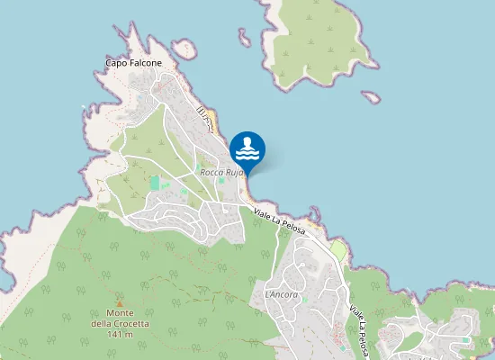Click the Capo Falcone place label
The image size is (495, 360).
(133, 63)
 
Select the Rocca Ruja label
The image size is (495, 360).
(221, 172)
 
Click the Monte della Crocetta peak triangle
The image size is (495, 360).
(119, 302)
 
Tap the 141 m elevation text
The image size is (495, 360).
(119, 334)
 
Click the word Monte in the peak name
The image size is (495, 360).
(119, 313)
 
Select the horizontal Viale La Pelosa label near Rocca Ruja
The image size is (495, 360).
(279, 221)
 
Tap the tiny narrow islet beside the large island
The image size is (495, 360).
(244, 38)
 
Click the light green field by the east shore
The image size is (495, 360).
(338, 249)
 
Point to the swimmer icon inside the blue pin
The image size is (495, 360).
(247, 146)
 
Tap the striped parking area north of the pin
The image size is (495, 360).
(205, 115)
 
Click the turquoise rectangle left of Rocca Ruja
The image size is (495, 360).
(155, 183)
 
